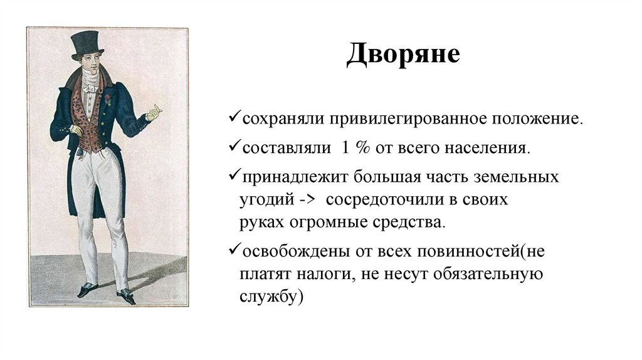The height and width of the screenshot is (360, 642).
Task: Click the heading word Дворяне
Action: click(x=404, y=55)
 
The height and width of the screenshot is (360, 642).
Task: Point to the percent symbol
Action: click(x=362, y=149)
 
